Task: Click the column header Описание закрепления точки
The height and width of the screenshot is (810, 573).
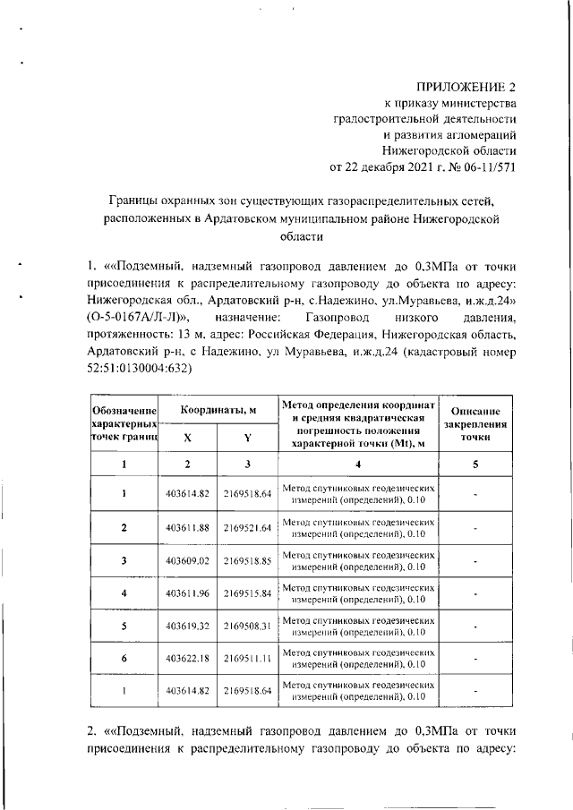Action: (x=475, y=423)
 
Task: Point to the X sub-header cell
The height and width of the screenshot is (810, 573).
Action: (x=187, y=439)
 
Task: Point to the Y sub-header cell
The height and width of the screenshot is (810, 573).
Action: (x=247, y=439)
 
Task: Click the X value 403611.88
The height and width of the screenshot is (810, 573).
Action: (x=187, y=527)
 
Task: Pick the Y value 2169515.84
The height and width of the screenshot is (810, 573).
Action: (x=247, y=593)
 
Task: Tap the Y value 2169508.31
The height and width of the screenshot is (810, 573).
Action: (x=247, y=626)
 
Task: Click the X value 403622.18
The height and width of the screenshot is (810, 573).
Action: (x=187, y=658)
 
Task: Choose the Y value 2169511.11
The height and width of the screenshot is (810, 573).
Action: (x=247, y=658)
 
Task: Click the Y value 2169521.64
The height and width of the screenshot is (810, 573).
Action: (x=247, y=527)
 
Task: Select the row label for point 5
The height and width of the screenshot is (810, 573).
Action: (x=124, y=626)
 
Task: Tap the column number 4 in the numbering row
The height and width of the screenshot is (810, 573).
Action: (x=358, y=464)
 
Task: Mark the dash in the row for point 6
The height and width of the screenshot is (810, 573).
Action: (x=475, y=658)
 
